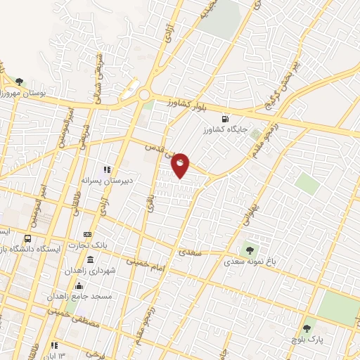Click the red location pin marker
pos(181,165)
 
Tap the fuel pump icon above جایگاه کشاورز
pos(224,118)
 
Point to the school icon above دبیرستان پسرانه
pos(108,169)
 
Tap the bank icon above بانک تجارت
pos(87,234)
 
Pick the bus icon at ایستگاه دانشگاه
pos(28,238)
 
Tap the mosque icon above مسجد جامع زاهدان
pos(79,285)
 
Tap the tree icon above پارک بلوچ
pos(306,328)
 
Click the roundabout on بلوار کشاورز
pos(145,94)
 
